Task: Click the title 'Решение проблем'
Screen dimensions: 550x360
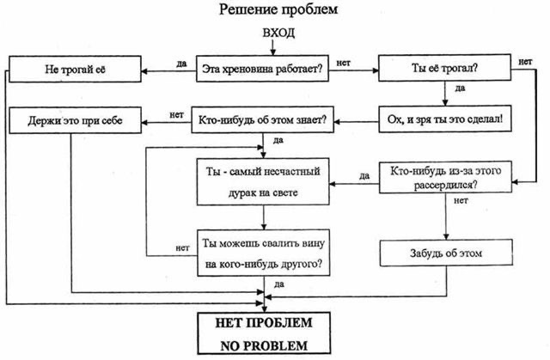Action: (x=278, y=9)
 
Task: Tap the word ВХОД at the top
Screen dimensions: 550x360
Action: (x=278, y=33)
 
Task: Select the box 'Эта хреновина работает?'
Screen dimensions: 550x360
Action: (x=262, y=69)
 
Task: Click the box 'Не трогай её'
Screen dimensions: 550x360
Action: (x=75, y=69)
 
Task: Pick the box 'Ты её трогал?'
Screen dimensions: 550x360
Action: (x=444, y=68)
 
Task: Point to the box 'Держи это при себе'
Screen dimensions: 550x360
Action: (x=75, y=120)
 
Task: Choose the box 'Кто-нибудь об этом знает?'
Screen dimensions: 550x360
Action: (x=262, y=119)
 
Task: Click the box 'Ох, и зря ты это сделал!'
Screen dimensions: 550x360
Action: (x=445, y=119)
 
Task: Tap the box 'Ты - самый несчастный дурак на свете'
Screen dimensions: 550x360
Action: (x=263, y=181)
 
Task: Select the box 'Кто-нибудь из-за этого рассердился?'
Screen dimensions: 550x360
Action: (x=445, y=177)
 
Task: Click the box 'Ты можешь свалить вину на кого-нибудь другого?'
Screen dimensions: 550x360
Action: (x=264, y=253)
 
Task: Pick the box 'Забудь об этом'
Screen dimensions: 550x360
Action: (x=446, y=253)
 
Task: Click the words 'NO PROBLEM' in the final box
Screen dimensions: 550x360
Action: (x=264, y=346)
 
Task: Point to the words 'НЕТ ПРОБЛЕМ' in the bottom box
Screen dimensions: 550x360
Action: (x=264, y=323)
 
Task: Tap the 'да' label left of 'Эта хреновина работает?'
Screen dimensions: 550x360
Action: (x=181, y=64)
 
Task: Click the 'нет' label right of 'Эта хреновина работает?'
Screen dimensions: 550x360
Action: (x=344, y=63)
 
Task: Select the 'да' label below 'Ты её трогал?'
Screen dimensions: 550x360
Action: (x=461, y=88)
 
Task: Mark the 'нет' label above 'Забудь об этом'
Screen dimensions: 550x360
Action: (x=461, y=200)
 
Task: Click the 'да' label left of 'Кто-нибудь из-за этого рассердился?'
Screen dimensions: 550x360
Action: (x=364, y=176)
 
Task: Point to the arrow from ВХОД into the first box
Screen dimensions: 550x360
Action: (x=273, y=47)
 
